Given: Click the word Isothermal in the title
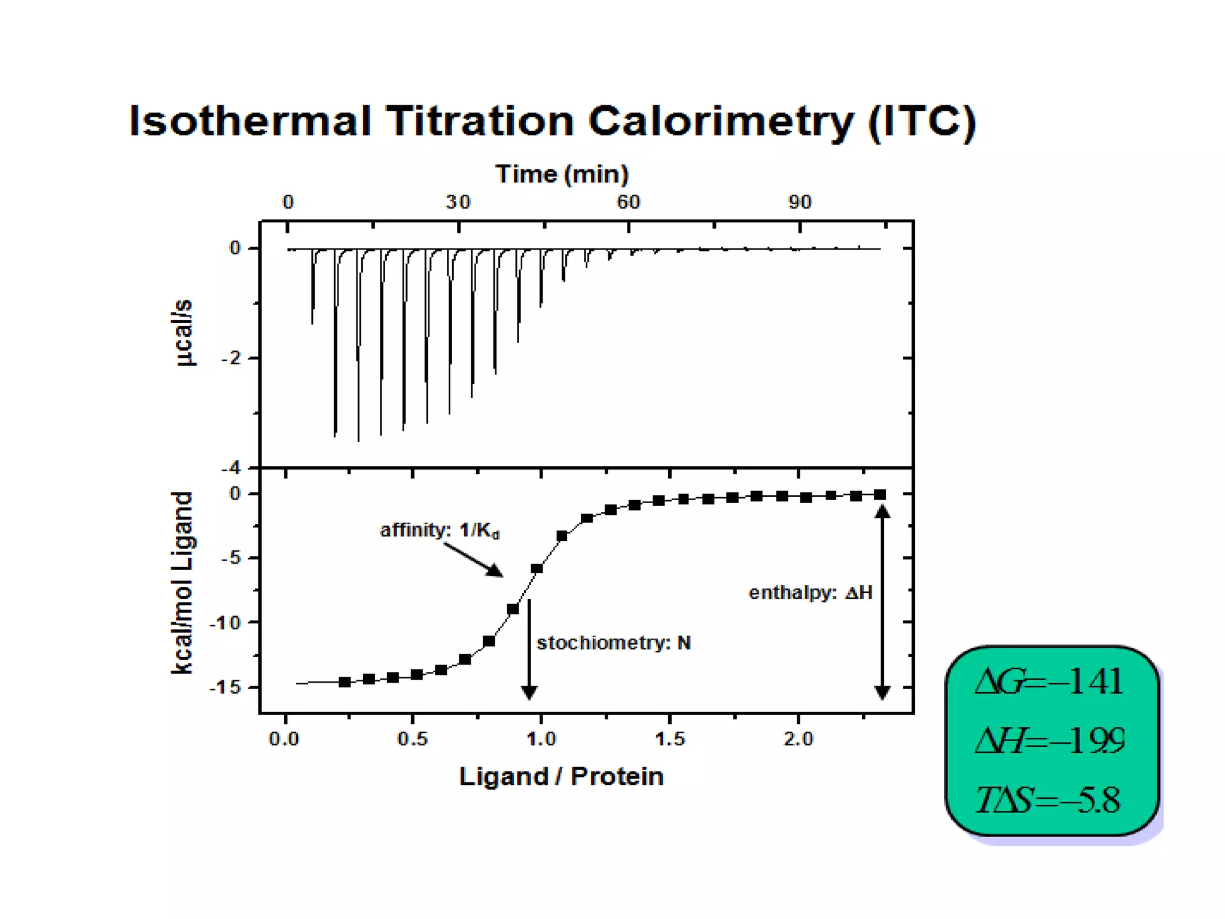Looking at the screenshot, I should [249, 121].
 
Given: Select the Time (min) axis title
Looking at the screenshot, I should [562, 174].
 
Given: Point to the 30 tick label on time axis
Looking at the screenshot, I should [458, 202].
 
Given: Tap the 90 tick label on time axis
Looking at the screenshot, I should [800, 202].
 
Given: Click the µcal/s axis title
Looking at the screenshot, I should [183, 333].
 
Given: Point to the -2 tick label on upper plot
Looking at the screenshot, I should [231, 358].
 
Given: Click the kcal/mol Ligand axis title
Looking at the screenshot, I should [182, 583].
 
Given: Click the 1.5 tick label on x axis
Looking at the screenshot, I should [669, 740].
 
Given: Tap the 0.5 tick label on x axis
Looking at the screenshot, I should [412, 740].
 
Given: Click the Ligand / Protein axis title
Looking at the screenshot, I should [561, 777].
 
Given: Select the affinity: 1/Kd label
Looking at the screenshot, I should [440, 531].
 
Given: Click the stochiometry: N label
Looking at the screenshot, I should [614, 643].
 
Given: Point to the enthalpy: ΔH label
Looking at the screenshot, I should [810, 593].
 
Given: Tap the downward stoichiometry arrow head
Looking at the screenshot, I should [529, 692].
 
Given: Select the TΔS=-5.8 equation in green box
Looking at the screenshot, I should [1048, 800].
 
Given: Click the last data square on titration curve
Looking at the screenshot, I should [880, 495].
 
